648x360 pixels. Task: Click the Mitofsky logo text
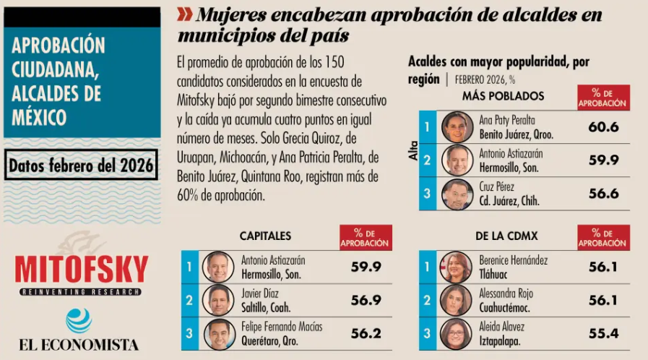coord(81,270)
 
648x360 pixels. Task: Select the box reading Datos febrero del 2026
coord(81,166)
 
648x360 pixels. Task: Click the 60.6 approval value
coord(603,127)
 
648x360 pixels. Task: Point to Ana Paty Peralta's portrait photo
coord(457,127)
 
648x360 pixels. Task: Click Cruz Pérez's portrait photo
coord(457,194)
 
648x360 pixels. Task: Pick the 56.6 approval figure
coord(603,194)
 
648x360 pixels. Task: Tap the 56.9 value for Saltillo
coord(366,300)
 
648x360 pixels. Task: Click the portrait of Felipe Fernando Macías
coord(218,334)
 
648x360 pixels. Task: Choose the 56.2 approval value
coord(366,334)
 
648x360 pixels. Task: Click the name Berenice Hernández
coord(514,260)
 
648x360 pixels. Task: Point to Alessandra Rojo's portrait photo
coord(457,300)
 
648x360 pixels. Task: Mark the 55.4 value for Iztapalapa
coord(603,334)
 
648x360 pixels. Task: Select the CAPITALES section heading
coord(265,236)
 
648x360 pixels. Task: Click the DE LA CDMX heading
coord(506,236)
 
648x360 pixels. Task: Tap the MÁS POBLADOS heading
coord(503,95)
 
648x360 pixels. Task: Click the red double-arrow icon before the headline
coord(184,13)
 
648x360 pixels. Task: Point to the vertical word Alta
coord(414,150)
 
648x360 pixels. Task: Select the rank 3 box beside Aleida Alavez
coord(428,334)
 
